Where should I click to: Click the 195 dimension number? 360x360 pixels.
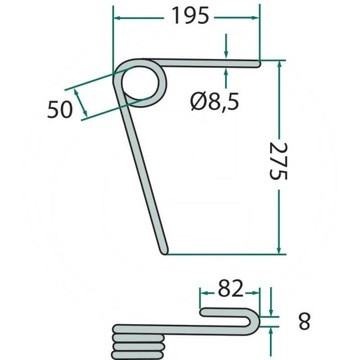190,16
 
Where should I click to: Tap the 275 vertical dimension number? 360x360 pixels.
278,161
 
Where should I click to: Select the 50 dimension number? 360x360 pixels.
60,109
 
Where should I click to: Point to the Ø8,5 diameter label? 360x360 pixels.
215,102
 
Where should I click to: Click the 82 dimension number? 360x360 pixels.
231,289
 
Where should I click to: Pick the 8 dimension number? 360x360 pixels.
304,321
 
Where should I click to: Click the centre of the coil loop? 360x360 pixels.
140,83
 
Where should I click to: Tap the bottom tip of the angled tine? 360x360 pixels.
164,252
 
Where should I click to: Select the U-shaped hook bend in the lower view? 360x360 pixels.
255,322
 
